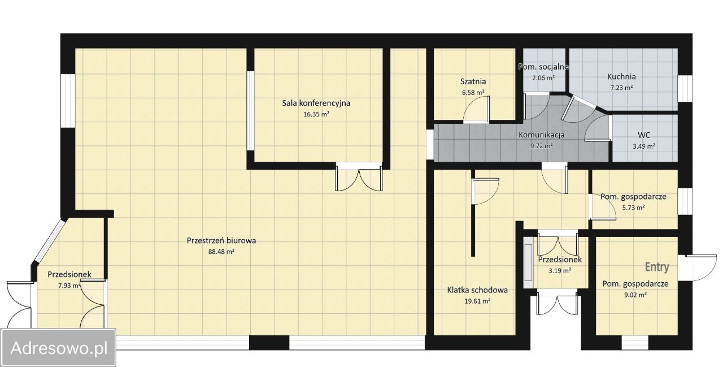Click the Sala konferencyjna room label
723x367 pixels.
316,103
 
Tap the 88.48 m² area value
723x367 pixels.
221,252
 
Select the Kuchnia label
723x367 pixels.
621,77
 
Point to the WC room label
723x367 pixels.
644,135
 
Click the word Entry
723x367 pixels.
657,267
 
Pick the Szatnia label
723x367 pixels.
473,81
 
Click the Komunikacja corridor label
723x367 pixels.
541,135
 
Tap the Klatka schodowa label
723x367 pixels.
477,290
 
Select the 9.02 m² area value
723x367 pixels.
635,295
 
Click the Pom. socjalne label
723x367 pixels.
543,67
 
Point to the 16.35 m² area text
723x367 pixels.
316,114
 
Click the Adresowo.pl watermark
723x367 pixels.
58,348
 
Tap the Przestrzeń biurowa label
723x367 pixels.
221,241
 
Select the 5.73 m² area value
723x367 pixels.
633,208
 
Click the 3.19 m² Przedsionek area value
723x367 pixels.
560,270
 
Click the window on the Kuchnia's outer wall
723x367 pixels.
685,88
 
